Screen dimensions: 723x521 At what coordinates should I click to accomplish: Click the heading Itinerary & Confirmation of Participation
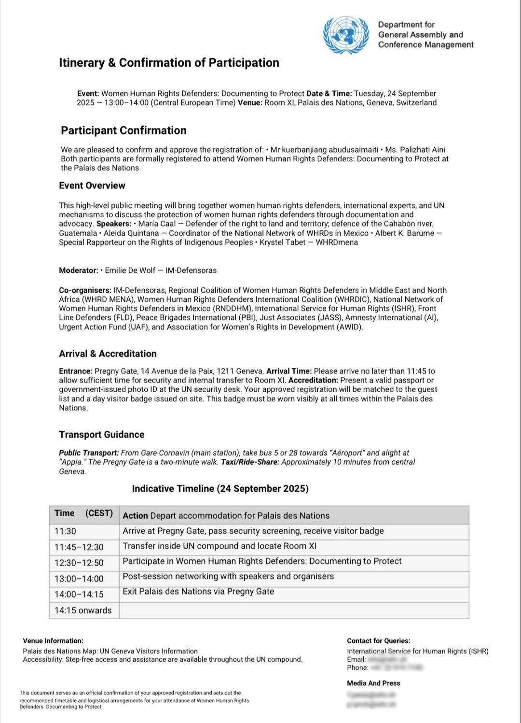pos(169,63)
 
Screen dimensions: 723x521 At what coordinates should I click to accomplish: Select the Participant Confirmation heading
pos(123,130)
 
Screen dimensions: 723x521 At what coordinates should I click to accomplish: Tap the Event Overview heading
pos(92,185)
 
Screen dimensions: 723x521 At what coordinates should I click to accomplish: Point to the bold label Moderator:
pos(79,270)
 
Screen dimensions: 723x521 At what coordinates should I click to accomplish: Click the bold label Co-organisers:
pos(85,290)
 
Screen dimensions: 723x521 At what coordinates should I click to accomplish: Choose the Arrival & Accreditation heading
pos(108,354)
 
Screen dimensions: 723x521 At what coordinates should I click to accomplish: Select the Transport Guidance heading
pos(101,434)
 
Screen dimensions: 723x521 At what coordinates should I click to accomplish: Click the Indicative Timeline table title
pos(220,488)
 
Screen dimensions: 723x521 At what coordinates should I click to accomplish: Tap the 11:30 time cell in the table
pos(65,531)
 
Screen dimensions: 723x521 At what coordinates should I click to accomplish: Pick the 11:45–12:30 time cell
pos(79,547)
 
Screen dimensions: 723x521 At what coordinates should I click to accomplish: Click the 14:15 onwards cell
pos(83,610)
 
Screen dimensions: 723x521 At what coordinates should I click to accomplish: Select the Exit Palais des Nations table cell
pos(198,592)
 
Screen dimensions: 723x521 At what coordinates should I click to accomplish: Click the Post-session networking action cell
pos(228,576)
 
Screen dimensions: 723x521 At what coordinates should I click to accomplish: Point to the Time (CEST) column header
pos(83,513)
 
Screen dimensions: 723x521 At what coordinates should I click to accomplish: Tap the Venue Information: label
pos(53,641)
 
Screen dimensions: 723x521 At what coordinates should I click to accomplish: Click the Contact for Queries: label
pos(379,641)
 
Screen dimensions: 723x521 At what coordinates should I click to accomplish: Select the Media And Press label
pos(373,683)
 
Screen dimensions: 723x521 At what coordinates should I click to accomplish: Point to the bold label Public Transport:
pos(89,453)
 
